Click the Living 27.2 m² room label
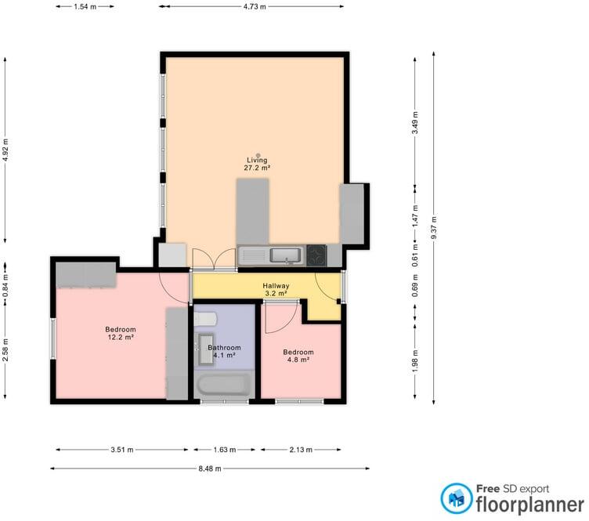[x=258, y=164]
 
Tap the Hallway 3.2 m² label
[x=276, y=291]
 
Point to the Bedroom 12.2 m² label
[x=121, y=333]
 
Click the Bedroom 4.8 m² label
[x=298, y=356]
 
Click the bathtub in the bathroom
[x=224, y=385]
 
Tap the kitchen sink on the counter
[x=281, y=255]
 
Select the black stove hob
[x=316, y=255]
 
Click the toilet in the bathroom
[x=204, y=320]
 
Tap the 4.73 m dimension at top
[x=252, y=6]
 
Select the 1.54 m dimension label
[x=85, y=6]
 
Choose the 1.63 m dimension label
[x=224, y=450]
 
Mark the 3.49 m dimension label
[x=415, y=125]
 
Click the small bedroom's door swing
[x=279, y=315]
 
